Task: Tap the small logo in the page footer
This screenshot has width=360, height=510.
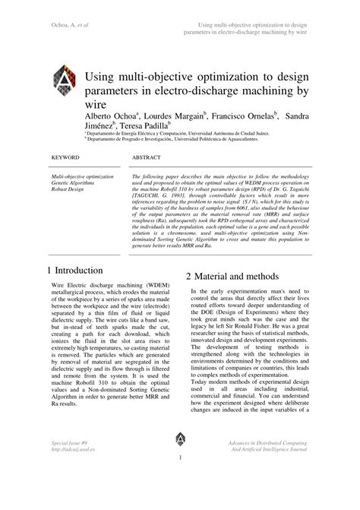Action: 180,439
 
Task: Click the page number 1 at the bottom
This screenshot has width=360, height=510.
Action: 180,458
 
